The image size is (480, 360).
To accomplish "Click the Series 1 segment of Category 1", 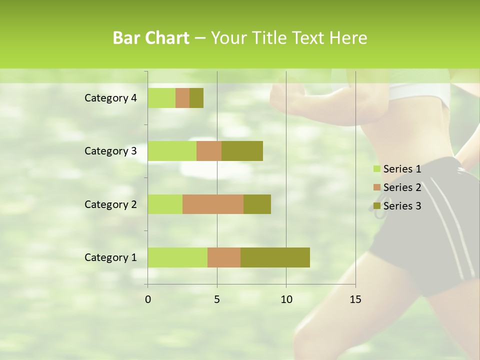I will pyautogui.click(x=177, y=257).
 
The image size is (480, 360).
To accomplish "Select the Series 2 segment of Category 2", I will pyautogui.click(x=213, y=204).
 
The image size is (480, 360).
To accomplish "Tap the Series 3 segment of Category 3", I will pyautogui.click(x=242, y=151).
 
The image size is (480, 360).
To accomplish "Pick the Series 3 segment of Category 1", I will pyautogui.click(x=275, y=257).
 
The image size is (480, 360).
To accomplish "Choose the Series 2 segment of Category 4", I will pyautogui.click(x=182, y=98).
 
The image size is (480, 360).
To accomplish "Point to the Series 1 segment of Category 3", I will pyautogui.click(x=172, y=151).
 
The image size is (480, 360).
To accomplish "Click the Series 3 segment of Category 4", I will pyautogui.click(x=196, y=98).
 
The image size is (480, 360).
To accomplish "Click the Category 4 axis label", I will pyautogui.click(x=110, y=98).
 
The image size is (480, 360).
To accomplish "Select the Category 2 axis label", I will pyautogui.click(x=110, y=204).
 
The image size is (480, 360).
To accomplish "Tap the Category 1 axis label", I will pyautogui.click(x=110, y=257).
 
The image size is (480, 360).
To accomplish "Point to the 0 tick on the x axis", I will pyautogui.click(x=148, y=299).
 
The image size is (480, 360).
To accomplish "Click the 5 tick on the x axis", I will pyautogui.click(x=217, y=299).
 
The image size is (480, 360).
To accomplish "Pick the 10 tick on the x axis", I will pyautogui.click(x=286, y=299).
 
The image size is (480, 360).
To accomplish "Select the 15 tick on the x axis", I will pyautogui.click(x=355, y=299).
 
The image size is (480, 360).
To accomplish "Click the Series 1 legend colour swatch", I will pyautogui.click(x=376, y=169).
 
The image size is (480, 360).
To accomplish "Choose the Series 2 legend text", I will pyautogui.click(x=402, y=187).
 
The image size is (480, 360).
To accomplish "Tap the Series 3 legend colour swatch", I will pyautogui.click(x=376, y=206).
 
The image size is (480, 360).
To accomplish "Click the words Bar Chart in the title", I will pyautogui.click(x=151, y=38).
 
